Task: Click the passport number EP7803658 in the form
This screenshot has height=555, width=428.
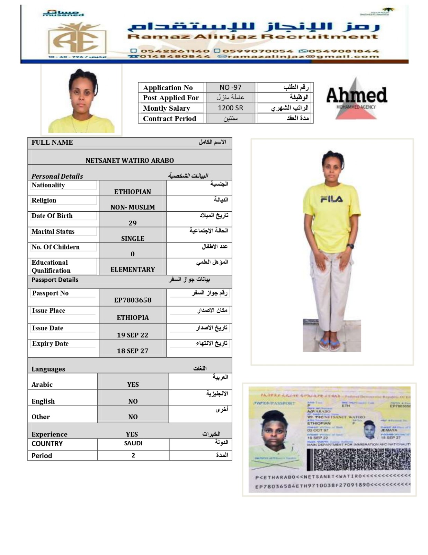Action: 133,300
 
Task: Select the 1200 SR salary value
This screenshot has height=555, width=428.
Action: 230,108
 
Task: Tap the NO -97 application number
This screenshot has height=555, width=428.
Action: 230,87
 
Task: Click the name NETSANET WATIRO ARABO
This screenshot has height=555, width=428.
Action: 130,161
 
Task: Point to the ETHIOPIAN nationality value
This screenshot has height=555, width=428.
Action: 133,192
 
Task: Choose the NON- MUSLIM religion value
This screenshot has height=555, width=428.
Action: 133,207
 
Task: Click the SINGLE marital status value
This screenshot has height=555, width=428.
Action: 133,239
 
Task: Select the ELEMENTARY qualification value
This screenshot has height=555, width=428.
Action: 133,270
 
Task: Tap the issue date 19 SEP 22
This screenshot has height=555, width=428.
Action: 133,335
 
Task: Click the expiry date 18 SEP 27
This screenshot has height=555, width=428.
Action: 133,351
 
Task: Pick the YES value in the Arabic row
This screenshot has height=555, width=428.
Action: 133,384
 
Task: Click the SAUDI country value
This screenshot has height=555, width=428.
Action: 133,443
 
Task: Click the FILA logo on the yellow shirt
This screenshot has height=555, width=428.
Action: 331,199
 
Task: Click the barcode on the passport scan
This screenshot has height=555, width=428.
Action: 358,460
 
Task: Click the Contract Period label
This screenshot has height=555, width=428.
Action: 169,119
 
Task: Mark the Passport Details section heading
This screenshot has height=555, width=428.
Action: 55,280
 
